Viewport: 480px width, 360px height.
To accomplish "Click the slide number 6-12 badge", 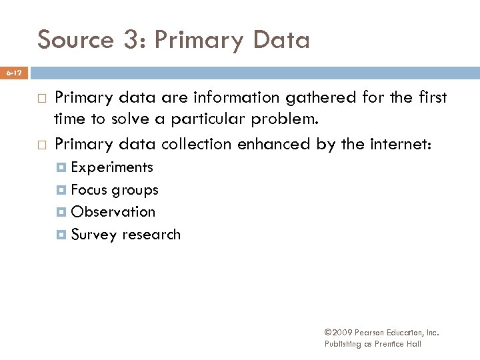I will coord(14,71).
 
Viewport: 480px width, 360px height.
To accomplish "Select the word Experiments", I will coord(112,167).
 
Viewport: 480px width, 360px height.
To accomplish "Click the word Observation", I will coord(113,212).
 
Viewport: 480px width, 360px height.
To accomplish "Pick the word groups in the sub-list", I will coord(135,190).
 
